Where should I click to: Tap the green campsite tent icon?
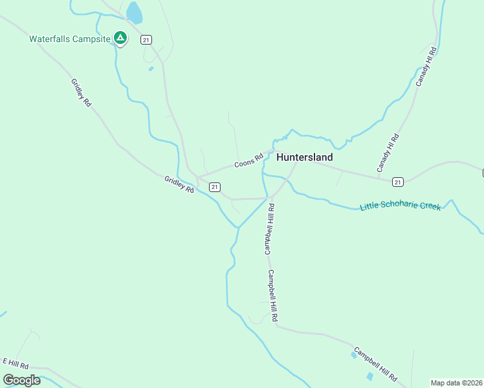(120, 38)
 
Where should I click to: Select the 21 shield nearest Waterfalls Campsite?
(146, 40)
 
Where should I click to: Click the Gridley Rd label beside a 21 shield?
(179, 185)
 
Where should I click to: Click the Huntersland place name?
(305, 157)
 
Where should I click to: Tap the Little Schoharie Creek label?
(401, 206)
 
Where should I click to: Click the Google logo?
(22, 380)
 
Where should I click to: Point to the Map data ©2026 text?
(456, 382)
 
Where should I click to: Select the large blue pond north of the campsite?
(134, 12)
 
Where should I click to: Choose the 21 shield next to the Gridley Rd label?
(214, 187)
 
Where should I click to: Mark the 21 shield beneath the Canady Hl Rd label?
(397, 182)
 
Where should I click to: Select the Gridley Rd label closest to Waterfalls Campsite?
(82, 92)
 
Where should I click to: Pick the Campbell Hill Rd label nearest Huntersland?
(269, 229)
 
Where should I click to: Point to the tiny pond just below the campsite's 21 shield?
(151, 69)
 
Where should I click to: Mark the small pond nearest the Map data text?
(369, 376)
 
